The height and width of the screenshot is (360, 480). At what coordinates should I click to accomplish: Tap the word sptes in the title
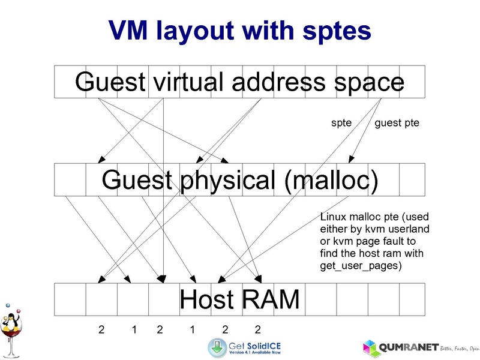[335, 30]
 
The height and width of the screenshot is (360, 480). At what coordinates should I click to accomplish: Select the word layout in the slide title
[202, 30]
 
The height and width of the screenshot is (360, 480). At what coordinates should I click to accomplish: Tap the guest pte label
[397, 124]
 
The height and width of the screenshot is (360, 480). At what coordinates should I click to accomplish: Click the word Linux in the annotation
[333, 217]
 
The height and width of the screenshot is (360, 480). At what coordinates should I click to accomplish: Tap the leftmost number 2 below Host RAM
[101, 329]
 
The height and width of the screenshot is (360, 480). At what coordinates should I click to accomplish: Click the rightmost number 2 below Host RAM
[257, 329]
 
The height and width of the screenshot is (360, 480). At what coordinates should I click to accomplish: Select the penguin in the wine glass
[11, 325]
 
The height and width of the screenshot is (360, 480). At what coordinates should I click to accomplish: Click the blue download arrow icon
[217, 347]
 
